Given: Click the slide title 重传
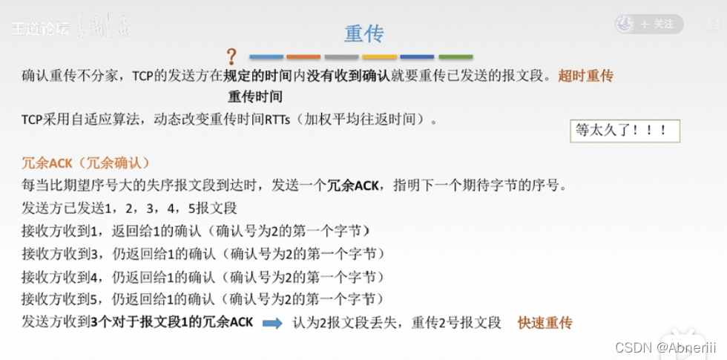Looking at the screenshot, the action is click(x=363, y=34).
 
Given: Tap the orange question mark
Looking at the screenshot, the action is click(x=231, y=56).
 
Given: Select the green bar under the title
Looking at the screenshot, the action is click(x=455, y=56).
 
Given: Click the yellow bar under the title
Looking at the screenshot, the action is click(x=380, y=56).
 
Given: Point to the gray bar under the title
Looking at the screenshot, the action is click(x=341, y=56).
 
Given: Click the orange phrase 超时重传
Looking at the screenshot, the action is click(x=586, y=76).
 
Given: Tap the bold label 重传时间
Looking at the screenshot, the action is click(x=254, y=96).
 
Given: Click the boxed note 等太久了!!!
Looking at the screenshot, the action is click(x=625, y=131).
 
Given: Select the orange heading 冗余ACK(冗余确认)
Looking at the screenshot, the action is click(x=86, y=163).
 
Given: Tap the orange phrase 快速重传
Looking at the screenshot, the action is click(x=545, y=324).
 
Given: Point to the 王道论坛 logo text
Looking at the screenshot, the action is click(x=40, y=28).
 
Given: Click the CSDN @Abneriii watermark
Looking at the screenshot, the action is click(x=667, y=347).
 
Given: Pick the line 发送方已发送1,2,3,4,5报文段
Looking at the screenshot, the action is click(x=130, y=208).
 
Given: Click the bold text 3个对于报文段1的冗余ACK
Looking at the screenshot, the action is click(x=174, y=323).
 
